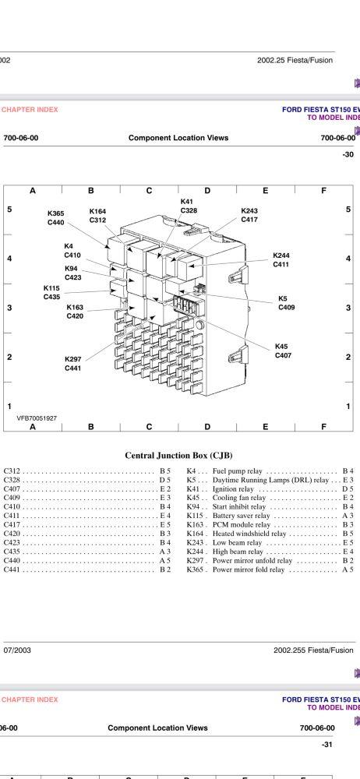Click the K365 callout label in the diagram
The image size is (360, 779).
coord(55,213)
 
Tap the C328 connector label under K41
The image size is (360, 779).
coord(189,210)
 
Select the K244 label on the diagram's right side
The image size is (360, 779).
coord(281,256)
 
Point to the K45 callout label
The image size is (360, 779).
coord(281,347)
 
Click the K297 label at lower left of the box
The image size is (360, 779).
coord(73,359)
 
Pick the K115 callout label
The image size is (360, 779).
coord(51,287)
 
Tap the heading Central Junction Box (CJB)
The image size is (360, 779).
coord(179,455)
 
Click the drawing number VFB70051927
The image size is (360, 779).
coord(37,418)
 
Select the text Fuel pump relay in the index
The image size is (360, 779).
coord(237,471)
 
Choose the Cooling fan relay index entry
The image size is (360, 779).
coord(239,498)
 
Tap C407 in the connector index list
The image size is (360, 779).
coord(12,489)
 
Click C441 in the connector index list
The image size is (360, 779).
coord(12,570)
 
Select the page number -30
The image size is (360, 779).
coord(348,154)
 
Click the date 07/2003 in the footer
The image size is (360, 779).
coord(17,650)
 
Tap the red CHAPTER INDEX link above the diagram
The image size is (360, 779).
coord(30,110)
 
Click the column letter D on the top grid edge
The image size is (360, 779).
coord(207,190)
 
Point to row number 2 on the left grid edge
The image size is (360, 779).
coord(9,358)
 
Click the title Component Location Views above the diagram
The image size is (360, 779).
coord(178,138)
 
